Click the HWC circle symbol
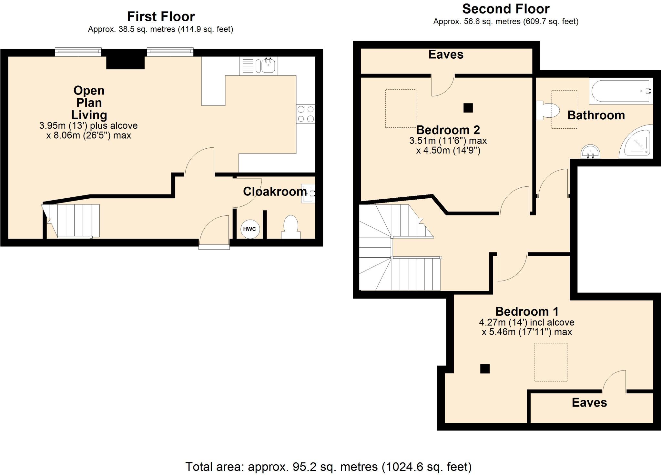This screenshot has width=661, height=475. click(x=249, y=229)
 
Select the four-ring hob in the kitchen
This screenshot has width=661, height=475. click(x=306, y=114)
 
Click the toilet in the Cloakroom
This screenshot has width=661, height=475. click(x=290, y=226)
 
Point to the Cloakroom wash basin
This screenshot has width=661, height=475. click(x=307, y=193)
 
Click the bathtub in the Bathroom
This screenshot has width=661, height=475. click(x=620, y=91)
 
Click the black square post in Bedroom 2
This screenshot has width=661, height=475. click(x=468, y=108)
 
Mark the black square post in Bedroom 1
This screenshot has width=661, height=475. click(x=485, y=369)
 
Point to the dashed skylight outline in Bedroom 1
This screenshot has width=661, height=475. click(x=551, y=362)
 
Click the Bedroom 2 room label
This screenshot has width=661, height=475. click(x=448, y=130)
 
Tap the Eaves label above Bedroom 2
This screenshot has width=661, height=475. click(x=446, y=54)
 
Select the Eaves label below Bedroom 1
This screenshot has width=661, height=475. click(x=589, y=402)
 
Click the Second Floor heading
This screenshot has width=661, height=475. click(x=506, y=9)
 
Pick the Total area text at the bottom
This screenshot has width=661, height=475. click(x=328, y=467)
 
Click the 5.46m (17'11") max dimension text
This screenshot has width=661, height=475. click(x=527, y=332)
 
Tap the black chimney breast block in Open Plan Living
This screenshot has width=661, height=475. click(x=125, y=62)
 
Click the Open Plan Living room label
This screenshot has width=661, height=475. click(x=89, y=103)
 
